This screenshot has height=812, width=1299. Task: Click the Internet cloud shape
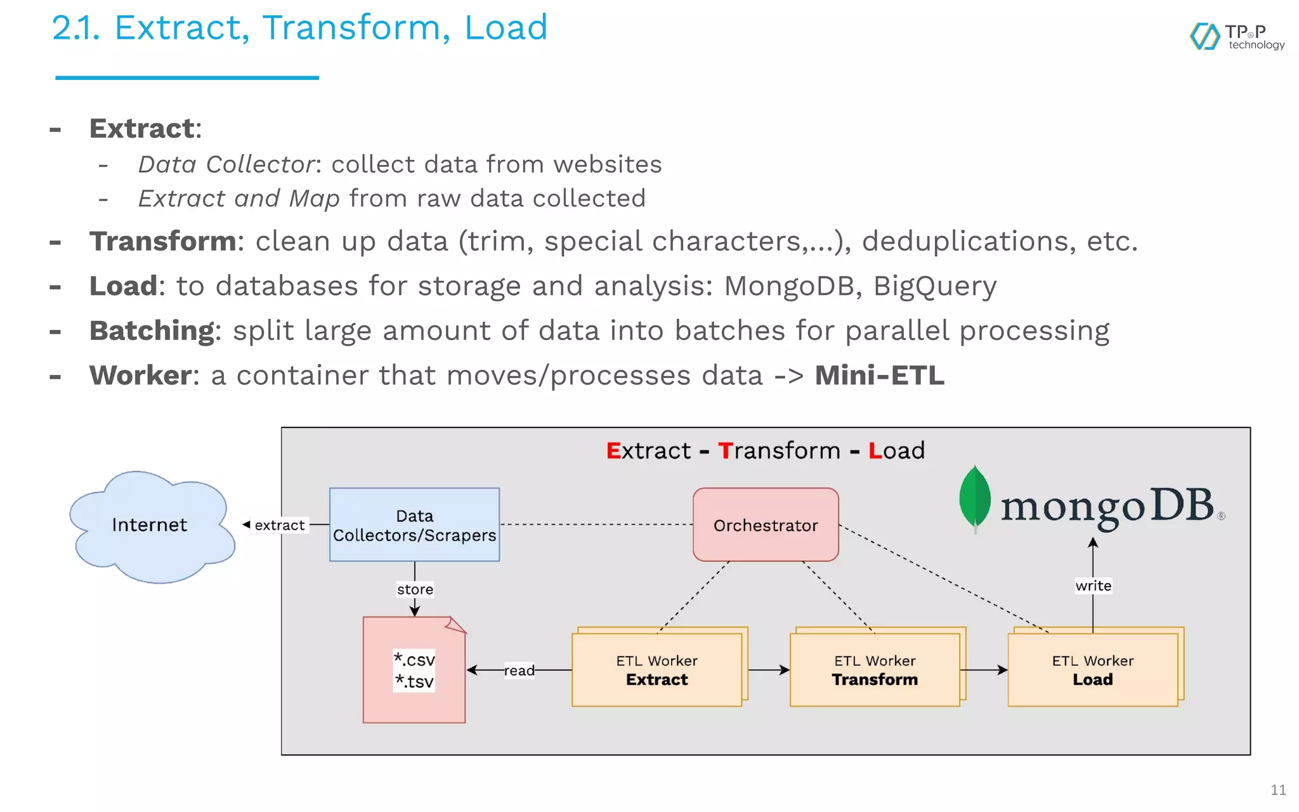(151, 527)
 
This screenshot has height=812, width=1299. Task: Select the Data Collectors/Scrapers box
(414, 525)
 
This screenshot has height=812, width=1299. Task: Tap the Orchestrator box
(766, 525)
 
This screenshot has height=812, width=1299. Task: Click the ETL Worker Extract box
(656, 670)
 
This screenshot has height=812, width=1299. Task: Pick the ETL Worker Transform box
(875, 670)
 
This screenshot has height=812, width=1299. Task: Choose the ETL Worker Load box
(1092, 670)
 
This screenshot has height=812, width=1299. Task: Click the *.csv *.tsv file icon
(414, 670)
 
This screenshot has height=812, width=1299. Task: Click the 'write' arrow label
(1093, 586)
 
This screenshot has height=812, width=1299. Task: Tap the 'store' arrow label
(415, 589)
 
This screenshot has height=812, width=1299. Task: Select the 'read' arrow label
(519, 671)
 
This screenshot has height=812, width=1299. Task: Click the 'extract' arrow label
(279, 525)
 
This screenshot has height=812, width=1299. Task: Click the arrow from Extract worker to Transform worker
(769, 670)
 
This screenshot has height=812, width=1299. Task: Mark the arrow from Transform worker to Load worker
(984, 670)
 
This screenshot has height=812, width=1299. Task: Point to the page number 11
(1278, 790)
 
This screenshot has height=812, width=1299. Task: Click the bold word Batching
(152, 331)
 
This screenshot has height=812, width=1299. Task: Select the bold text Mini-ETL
(879, 375)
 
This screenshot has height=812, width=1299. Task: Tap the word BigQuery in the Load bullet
(934, 286)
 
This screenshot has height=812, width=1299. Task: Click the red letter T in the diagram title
(725, 450)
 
